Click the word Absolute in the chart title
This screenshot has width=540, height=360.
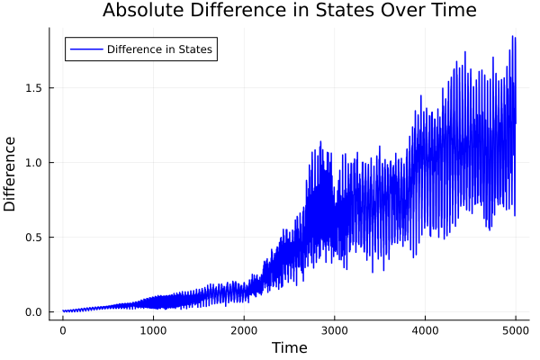[141, 11]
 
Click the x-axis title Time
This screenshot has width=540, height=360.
[289, 347]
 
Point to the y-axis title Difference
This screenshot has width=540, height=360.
[11, 174]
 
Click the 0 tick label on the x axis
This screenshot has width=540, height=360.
[62, 330]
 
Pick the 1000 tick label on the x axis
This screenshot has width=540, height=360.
[153, 330]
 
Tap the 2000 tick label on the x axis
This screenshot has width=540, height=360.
[244, 330]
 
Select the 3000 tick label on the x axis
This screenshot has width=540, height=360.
[335, 330]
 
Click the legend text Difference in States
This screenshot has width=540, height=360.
[159, 49]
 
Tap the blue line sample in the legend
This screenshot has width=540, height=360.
[85, 49]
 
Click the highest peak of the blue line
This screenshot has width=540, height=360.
[513, 37]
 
